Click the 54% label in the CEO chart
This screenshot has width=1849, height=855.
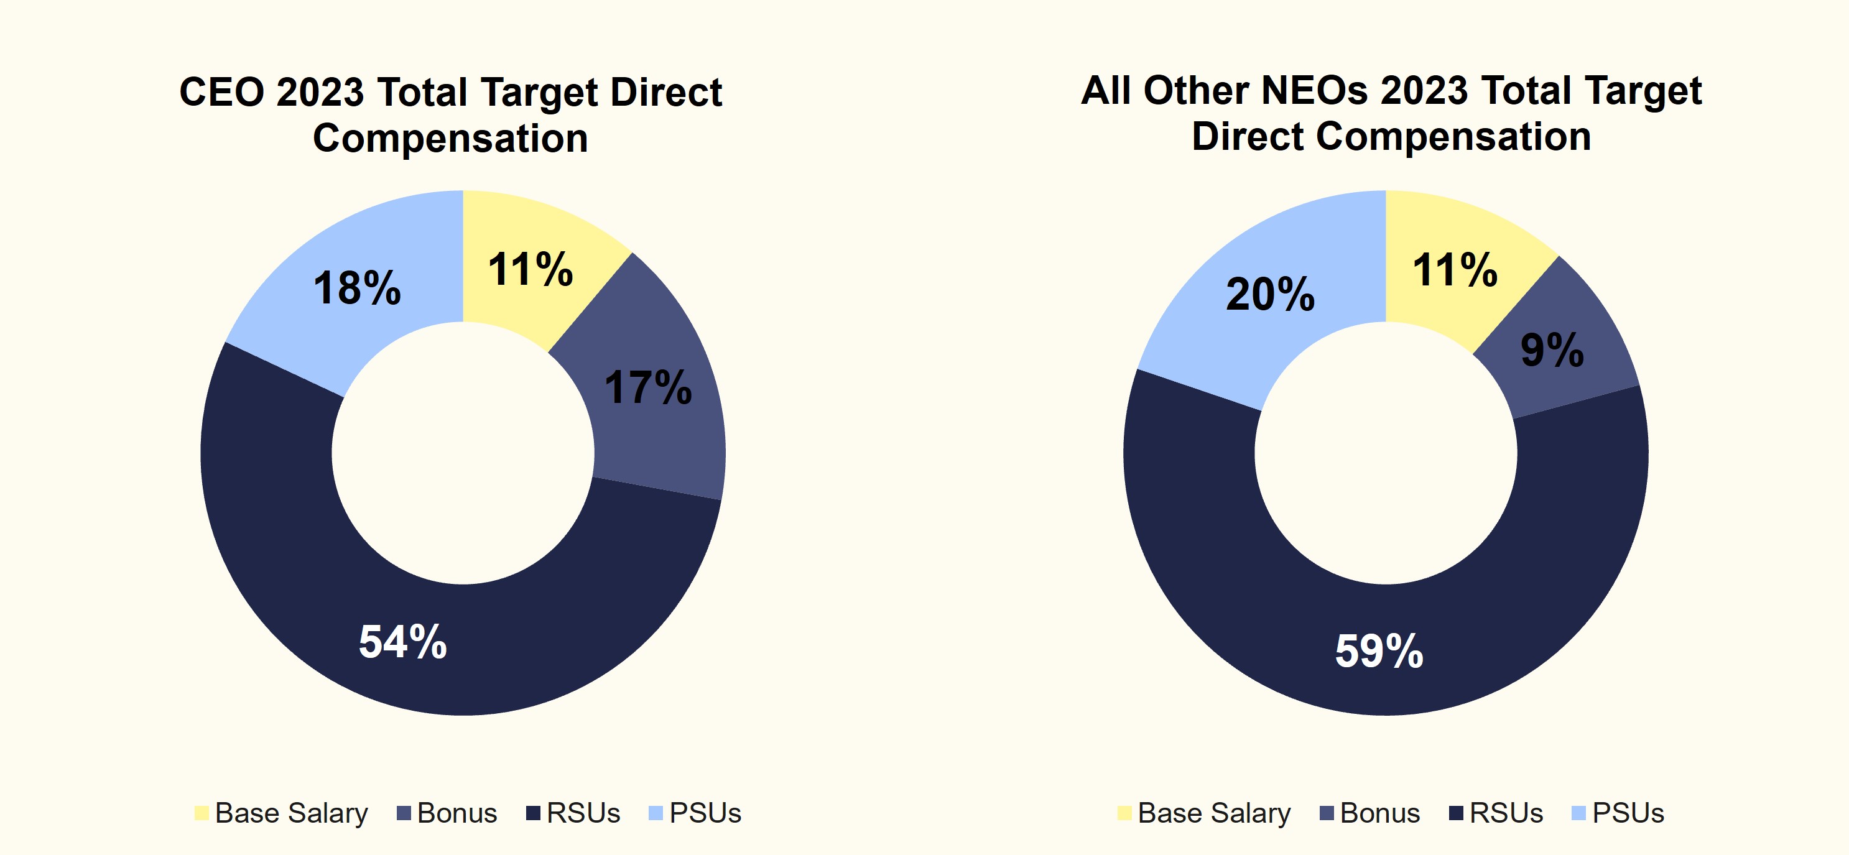402,641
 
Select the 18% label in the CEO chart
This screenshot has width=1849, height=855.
357,289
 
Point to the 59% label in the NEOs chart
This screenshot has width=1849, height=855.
1379,651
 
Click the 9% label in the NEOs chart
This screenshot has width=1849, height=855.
1552,350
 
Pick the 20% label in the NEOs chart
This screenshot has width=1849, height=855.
1270,294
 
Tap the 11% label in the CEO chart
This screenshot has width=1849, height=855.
531,270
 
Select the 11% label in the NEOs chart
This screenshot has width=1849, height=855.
1455,270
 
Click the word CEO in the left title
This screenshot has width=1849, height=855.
222,93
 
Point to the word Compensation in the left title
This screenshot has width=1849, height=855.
450,138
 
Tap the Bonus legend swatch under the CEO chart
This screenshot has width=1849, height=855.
404,813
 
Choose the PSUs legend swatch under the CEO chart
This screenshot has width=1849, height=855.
656,813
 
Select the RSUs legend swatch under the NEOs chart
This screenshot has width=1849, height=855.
1457,813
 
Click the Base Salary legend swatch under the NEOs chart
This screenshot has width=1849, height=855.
1124,813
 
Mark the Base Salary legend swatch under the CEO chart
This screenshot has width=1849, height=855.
202,813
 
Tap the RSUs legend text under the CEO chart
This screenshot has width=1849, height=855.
583,813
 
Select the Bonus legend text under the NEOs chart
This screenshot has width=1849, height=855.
1379,813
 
